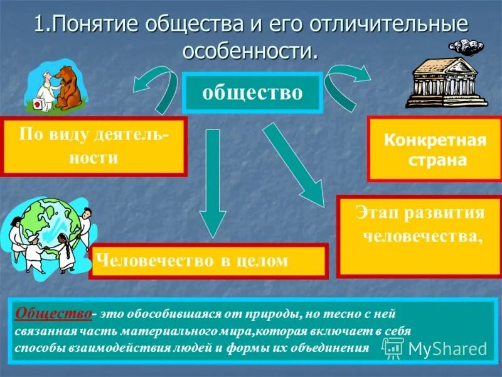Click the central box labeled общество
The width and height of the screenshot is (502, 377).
[x=252, y=92]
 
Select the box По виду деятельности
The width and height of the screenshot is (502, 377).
[x=95, y=145]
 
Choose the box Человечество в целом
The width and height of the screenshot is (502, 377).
[x=209, y=261]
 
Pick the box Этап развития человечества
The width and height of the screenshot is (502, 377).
[x=419, y=236]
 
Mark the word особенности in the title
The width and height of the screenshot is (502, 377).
[x=250, y=50]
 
